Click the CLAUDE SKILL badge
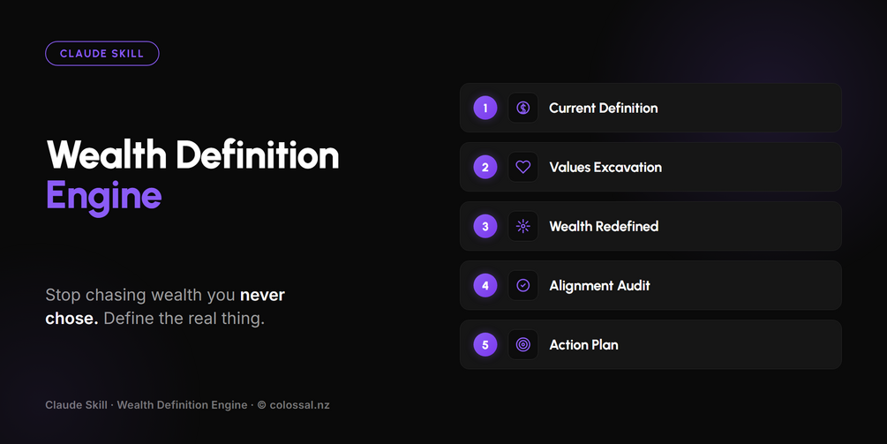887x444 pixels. pyautogui.click(x=101, y=54)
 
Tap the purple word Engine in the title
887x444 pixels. pyautogui.click(x=103, y=196)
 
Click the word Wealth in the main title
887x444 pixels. pyautogui.click(x=106, y=154)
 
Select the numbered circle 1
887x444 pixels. pyautogui.click(x=485, y=108)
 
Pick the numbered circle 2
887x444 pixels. pyautogui.click(x=485, y=167)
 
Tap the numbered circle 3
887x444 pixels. pyautogui.click(x=485, y=226)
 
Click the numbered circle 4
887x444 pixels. pyautogui.click(x=485, y=286)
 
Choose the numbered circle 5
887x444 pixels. pyautogui.click(x=485, y=344)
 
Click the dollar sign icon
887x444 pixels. pyautogui.click(x=523, y=108)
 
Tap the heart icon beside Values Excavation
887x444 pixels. pyautogui.click(x=523, y=167)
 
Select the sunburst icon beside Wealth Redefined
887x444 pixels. pyautogui.click(x=523, y=226)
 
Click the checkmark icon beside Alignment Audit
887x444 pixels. pyautogui.click(x=523, y=286)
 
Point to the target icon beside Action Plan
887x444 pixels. pyautogui.click(x=523, y=344)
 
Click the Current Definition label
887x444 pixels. pyautogui.click(x=604, y=108)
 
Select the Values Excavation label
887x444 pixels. pyautogui.click(x=605, y=168)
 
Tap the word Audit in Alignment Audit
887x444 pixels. pyautogui.click(x=634, y=286)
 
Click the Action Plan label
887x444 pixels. pyautogui.click(x=583, y=345)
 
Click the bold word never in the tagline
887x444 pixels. pyautogui.click(x=262, y=295)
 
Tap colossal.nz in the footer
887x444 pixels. pyautogui.click(x=300, y=405)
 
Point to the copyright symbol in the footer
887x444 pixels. pyautogui.click(x=262, y=405)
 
